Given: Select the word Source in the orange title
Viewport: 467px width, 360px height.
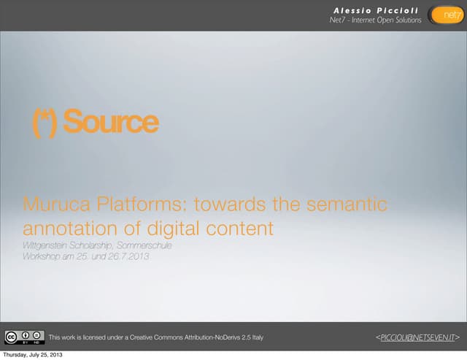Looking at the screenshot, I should [110, 122].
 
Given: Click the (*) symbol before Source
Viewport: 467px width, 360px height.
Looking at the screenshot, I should [45, 122].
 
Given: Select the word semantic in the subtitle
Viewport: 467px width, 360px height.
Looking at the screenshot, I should [344, 204].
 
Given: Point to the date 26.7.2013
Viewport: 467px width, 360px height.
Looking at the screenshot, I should [126, 256].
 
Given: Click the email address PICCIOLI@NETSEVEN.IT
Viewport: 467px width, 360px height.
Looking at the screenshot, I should [417, 337].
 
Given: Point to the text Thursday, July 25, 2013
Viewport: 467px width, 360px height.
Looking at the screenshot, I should [31, 355].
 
